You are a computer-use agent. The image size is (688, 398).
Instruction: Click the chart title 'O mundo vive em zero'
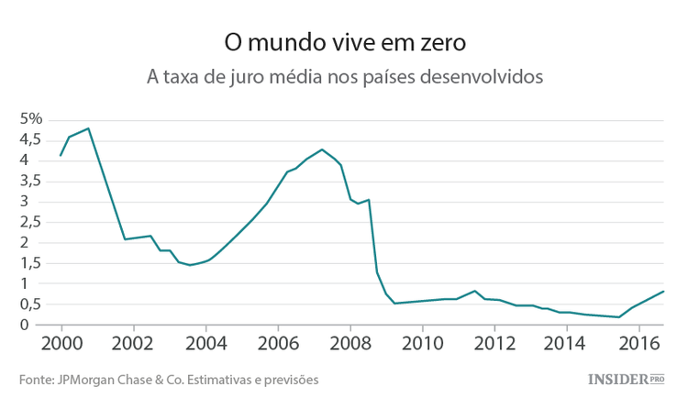point(344,43)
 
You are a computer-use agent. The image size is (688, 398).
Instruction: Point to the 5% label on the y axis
point(32,119)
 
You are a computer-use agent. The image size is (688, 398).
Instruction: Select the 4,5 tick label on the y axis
point(31,139)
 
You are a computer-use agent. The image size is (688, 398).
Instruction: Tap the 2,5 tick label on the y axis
point(31,222)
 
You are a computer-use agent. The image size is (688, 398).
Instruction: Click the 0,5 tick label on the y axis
point(31,304)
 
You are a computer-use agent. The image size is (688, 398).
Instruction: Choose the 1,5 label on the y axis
point(31,263)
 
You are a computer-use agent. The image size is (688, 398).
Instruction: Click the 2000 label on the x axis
point(61,343)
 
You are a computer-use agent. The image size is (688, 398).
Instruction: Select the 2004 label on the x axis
point(205,343)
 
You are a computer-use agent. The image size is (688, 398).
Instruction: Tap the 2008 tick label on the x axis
point(350,343)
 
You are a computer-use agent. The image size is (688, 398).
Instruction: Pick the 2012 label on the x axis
point(494,343)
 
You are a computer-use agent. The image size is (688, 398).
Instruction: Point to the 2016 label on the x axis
point(638,343)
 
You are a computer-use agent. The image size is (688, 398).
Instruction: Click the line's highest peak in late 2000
point(88,128)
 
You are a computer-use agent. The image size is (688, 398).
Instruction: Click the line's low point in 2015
point(619,317)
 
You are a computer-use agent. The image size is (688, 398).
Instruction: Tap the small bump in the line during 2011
point(474,291)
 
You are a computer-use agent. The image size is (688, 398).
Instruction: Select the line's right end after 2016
point(663,292)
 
